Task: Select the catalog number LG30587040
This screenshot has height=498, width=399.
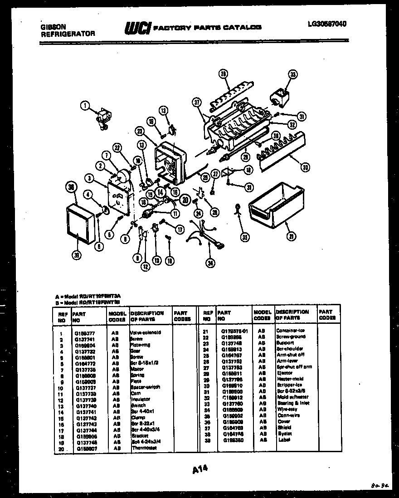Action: coord(326,24)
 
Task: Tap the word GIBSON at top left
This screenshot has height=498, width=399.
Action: coord(47,27)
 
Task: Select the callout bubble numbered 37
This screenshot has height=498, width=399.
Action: coord(196,103)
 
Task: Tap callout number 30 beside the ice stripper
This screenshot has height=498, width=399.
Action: coord(305,167)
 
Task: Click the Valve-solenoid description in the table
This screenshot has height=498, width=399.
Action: coord(145,332)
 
